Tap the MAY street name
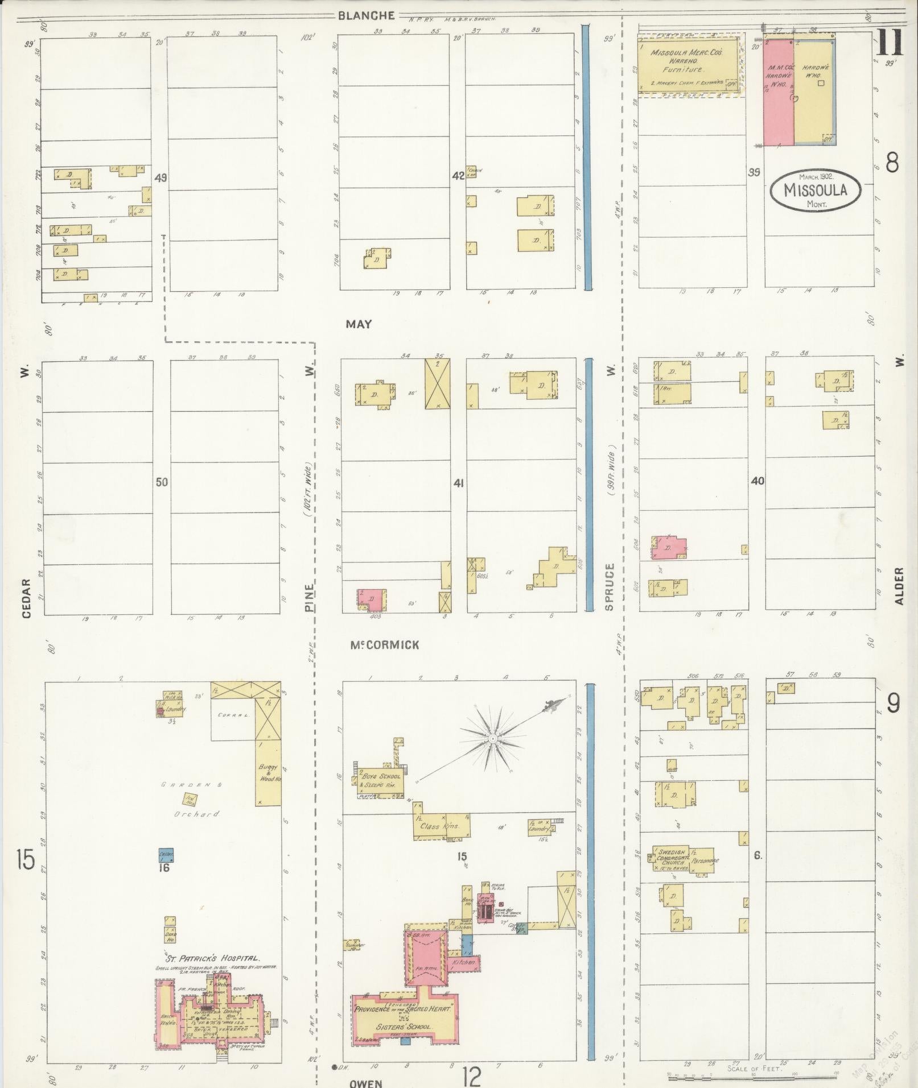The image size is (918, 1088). (x=359, y=324)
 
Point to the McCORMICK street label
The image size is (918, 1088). (x=385, y=645)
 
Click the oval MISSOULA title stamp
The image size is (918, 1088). (x=816, y=190)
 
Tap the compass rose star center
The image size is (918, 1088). (x=492, y=738)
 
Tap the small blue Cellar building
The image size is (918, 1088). (x=166, y=854)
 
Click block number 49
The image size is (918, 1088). (x=160, y=178)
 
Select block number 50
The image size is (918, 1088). (x=162, y=482)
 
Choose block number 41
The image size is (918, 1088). (x=458, y=483)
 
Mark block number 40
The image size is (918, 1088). (x=758, y=481)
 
